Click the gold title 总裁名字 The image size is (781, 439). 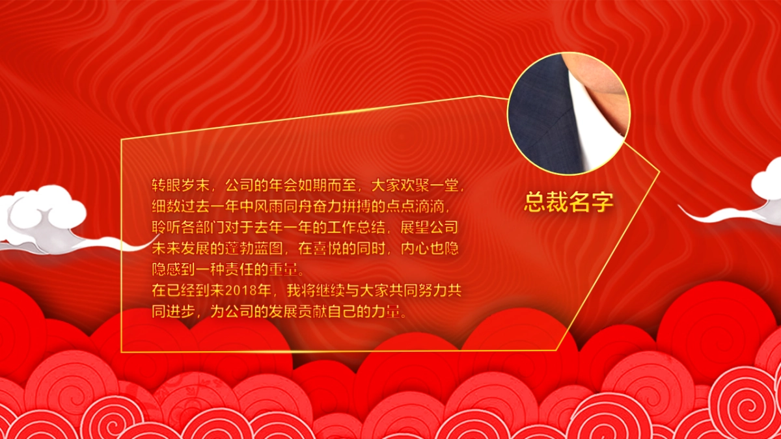point(569,203)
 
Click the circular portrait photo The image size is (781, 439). point(569,113)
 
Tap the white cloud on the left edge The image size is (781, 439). point(46,218)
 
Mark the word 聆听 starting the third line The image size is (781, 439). point(165,228)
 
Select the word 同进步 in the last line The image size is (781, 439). point(172,311)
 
